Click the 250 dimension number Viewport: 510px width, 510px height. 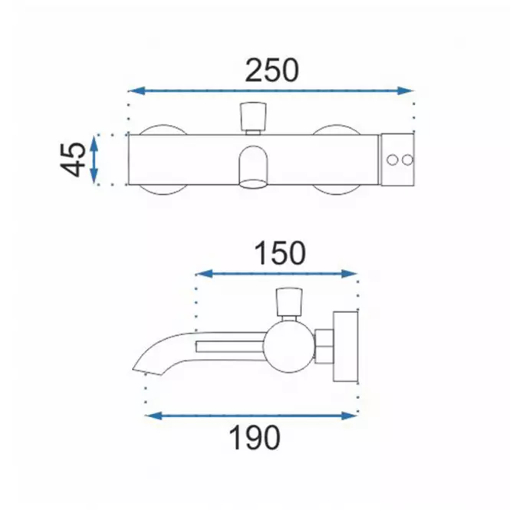click(x=271, y=71)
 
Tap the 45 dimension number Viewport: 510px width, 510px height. click(x=73, y=160)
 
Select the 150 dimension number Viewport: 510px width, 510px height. click(x=280, y=253)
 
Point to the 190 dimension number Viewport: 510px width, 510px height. click(x=255, y=437)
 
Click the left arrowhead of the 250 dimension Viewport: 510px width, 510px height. click(x=137, y=90)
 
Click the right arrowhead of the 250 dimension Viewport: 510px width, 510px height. click(x=405, y=90)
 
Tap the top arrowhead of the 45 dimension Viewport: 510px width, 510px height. click(x=94, y=143)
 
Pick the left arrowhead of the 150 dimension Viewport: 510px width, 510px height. click(x=205, y=274)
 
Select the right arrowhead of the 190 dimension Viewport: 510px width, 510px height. click(x=349, y=416)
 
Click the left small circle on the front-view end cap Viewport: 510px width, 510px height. click(x=392, y=160)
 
